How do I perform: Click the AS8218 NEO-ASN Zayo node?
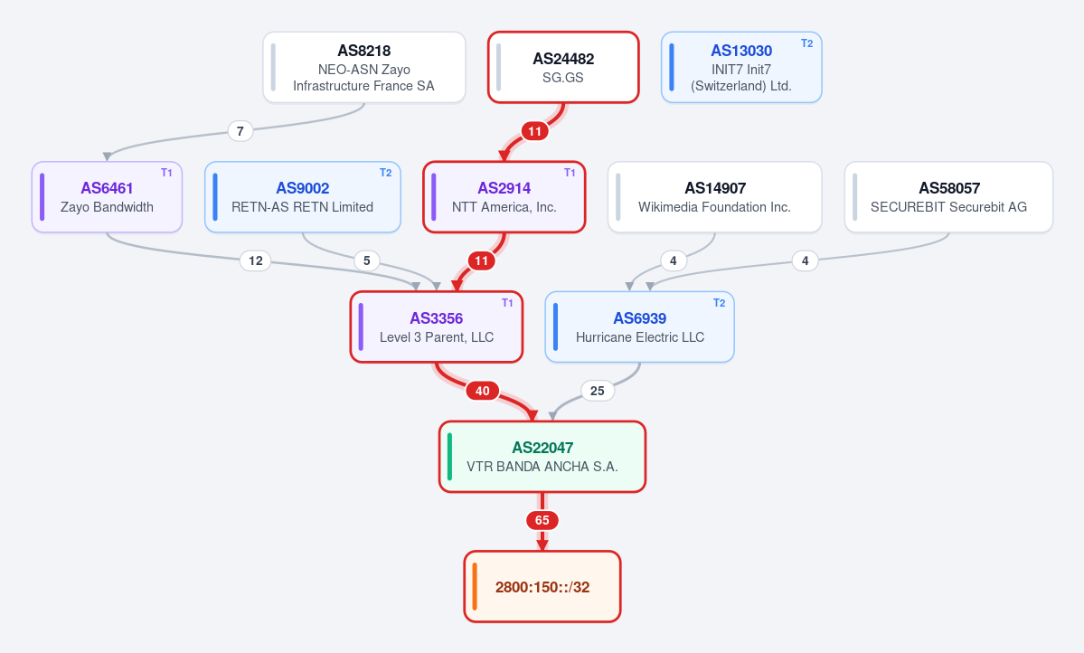[x=364, y=68]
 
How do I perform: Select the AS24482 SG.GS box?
[x=563, y=68]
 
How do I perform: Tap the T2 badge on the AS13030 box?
[x=806, y=43]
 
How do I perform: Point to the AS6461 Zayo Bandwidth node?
[x=108, y=197]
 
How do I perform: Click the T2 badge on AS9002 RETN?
[x=386, y=173]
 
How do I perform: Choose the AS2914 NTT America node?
[x=504, y=197]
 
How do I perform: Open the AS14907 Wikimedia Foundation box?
[x=715, y=197]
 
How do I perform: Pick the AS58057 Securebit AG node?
[x=948, y=197]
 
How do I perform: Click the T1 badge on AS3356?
[x=507, y=303]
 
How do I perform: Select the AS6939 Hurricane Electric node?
[x=639, y=327]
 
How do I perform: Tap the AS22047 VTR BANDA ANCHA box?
[x=542, y=458]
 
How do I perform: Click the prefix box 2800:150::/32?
[x=542, y=587]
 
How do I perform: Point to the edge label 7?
[x=240, y=131]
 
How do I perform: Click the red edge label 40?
[x=483, y=391]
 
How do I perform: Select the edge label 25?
[x=598, y=391]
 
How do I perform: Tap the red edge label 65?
[x=542, y=520]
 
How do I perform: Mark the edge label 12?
[x=256, y=260]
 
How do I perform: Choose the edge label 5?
[x=366, y=260]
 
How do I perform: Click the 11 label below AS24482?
[x=534, y=131]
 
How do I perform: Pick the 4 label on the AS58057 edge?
[x=805, y=260]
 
